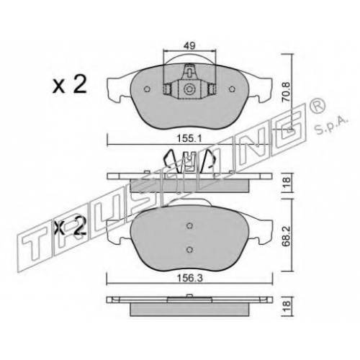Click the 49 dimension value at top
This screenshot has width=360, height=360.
[x=190, y=45]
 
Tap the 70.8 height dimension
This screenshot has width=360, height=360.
[x=287, y=91]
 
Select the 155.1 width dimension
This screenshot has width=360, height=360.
[x=189, y=138]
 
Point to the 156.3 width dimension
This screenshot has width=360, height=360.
[x=190, y=278]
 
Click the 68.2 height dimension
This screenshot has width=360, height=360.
[x=287, y=235]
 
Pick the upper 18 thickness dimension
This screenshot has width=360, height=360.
[x=287, y=183]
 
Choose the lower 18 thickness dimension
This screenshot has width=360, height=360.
[x=287, y=307]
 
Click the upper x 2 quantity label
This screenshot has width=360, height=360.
[x=70, y=85]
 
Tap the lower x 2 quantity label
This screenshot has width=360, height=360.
[x=70, y=228]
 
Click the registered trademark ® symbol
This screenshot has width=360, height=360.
[x=319, y=107]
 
